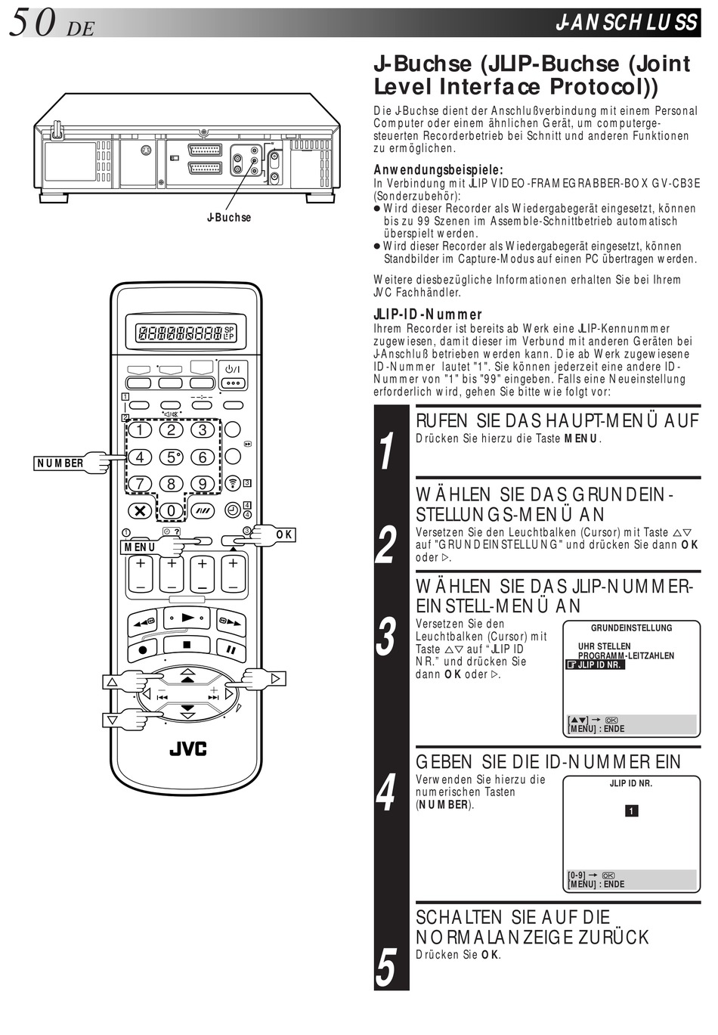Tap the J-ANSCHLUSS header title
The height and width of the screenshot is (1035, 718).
click(x=626, y=23)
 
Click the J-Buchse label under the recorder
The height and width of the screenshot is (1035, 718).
click(x=229, y=218)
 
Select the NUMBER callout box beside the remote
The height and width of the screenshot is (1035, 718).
click(x=60, y=463)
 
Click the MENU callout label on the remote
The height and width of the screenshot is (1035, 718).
click(x=141, y=546)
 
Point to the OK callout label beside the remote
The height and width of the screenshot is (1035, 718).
click(x=284, y=535)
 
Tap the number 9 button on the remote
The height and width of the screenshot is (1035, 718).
click(x=202, y=484)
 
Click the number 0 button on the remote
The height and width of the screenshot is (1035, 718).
click(x=171, y=510)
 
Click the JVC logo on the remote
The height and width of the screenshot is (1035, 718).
click(x=187, y=749)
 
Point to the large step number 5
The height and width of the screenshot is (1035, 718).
click(x=386, y=968)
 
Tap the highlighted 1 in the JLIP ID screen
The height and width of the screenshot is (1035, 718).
click(x=631, y=811)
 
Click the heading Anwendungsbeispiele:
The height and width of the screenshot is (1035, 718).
click(x=438, y=170)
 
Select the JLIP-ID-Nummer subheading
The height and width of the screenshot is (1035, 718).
click(x=428, y=315)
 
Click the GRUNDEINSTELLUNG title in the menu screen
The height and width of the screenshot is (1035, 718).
click(x=631, y=628)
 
